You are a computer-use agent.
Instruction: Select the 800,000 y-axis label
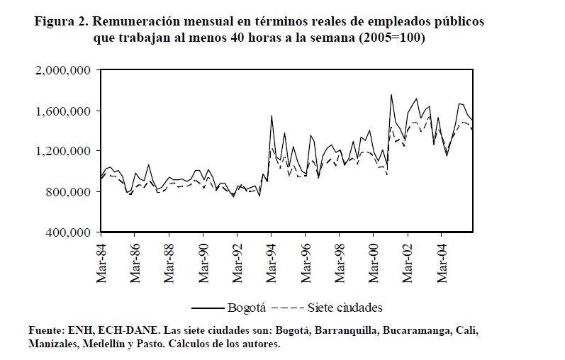coord(67,192)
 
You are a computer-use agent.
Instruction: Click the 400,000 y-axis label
coord(67,232)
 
